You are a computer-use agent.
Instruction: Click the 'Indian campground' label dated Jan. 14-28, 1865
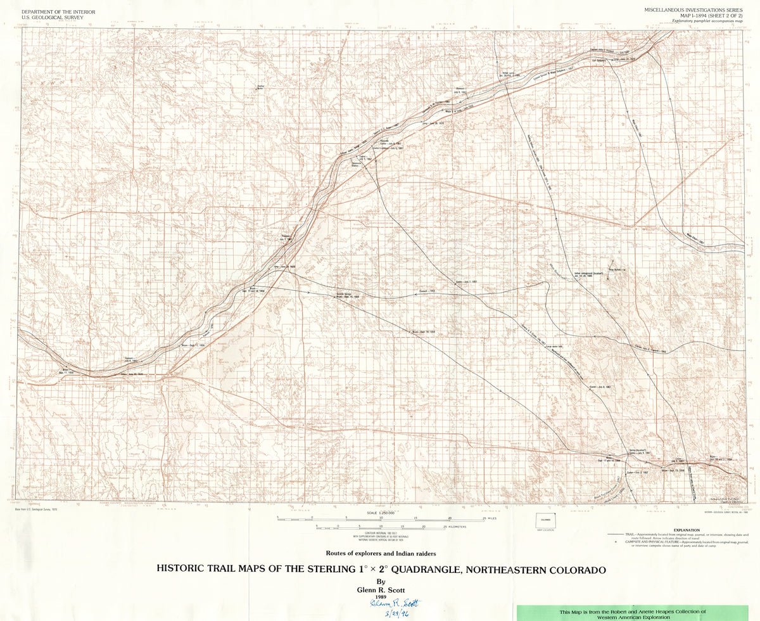coord(587,276)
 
